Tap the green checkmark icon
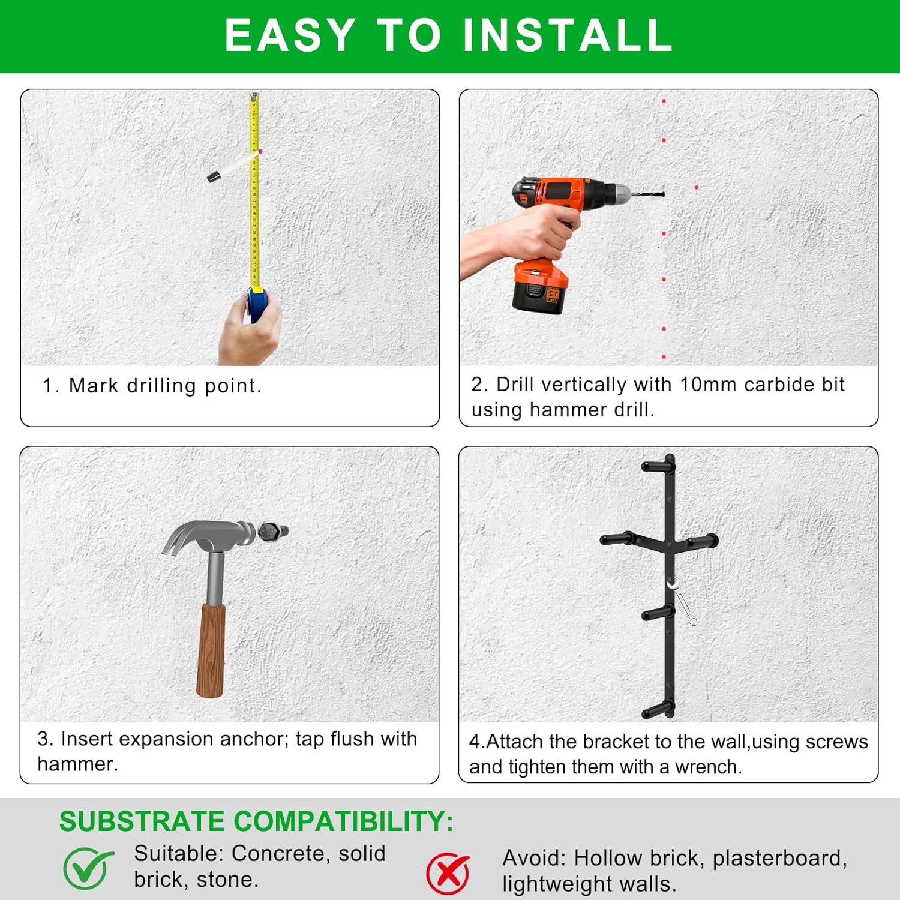coord(88,868)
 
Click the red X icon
coord(448,873)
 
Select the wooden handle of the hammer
coord(211,651)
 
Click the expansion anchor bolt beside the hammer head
coord(273,531)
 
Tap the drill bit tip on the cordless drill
coord(662,194)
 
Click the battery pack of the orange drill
coord(539,287)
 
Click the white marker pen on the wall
coord(232,166)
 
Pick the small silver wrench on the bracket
coord(682,601)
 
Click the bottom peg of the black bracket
coord(658,710)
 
